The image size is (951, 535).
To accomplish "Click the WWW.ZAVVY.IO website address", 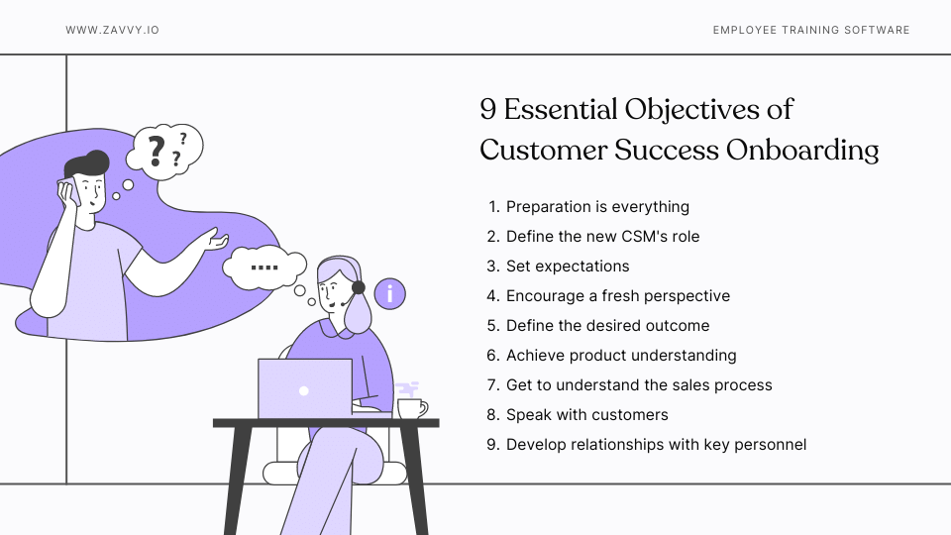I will click(112, 30).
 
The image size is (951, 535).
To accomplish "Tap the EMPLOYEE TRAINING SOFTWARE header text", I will click(811, 30).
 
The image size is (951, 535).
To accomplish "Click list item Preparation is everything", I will click(597, 207).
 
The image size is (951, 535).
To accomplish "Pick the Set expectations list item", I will click(568, 267).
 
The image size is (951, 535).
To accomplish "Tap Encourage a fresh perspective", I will click(618, 296).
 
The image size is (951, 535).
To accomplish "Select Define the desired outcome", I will click(607, 326).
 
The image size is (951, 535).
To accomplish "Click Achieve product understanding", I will click(621, 356).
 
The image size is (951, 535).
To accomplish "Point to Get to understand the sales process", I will click(639, 385).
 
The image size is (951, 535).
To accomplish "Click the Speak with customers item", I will click(587, 415).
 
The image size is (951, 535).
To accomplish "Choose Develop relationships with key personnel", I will click(656, 445).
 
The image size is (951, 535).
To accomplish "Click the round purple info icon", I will click(390, 294).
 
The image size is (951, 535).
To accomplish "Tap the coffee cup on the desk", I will click(410, 408).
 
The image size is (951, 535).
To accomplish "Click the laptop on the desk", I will click(304, 389).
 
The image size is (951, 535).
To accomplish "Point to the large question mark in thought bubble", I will click(156, 151).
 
